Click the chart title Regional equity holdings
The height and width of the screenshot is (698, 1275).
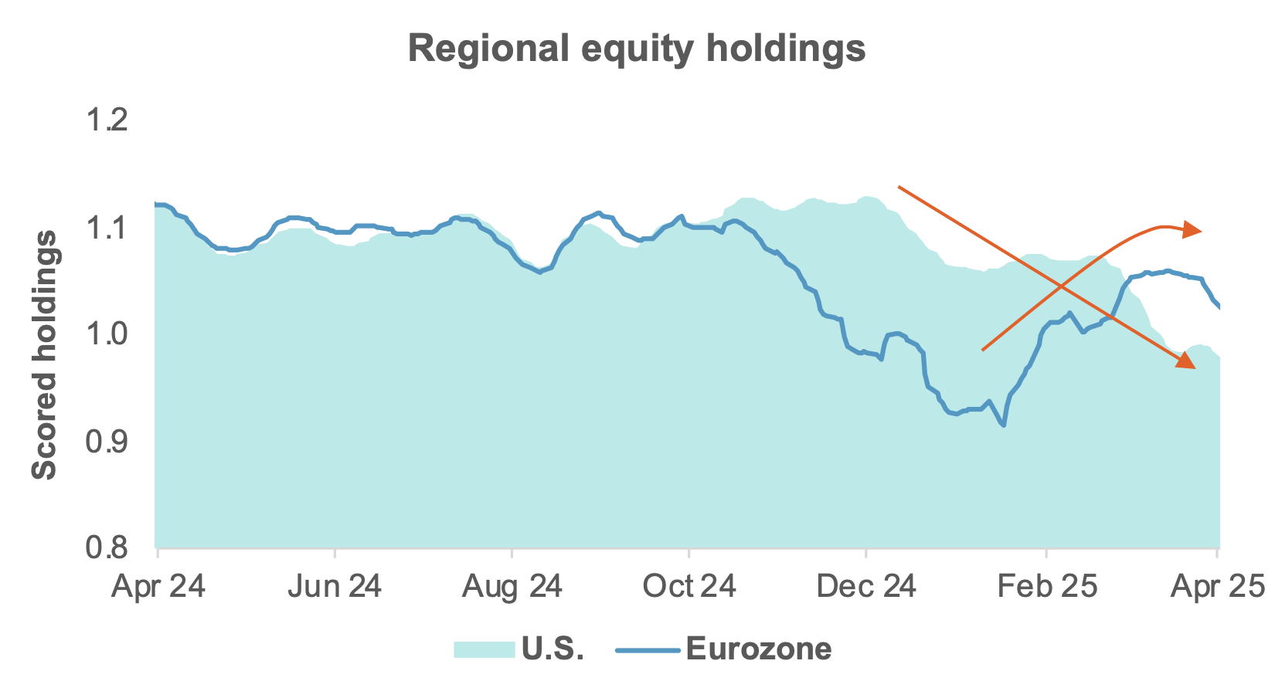tap(637, 48)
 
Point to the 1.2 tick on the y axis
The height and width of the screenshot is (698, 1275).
tap(107, 121)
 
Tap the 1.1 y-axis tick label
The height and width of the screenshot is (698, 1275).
tap(107, 229)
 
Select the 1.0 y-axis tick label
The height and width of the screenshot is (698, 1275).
tap(107, 335)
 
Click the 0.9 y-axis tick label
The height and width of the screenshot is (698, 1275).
tap(107, 442)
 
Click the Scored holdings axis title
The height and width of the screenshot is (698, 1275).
tap(45, 355)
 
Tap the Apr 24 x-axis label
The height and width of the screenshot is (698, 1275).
tap(158, 587)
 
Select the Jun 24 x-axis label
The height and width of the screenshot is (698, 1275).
tap(335, 587)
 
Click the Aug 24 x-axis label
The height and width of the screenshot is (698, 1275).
tap(512, 587)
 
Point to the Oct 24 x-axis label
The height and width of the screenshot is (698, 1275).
tap(689, 587)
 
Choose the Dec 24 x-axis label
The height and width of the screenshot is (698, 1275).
tap(866, 587)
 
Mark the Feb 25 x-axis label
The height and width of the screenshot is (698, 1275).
tap(1046, 587)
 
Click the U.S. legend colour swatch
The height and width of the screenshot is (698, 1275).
tap(484, 649)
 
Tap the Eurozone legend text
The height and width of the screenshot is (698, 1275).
tap(759, 649)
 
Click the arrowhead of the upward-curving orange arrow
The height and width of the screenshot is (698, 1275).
tap(1192, 229)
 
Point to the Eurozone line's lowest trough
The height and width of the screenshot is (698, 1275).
tap(1003, 425)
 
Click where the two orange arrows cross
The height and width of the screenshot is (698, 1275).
tap(1061, 286)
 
